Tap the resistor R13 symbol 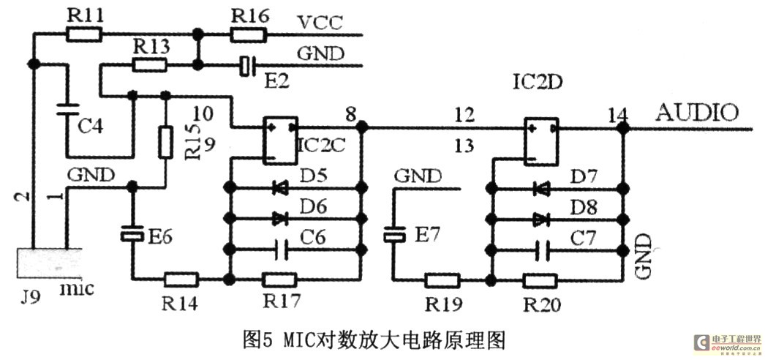point(150,65)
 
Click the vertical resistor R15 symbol point(165,139)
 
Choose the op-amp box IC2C point(280,139)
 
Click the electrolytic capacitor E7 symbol point(394,235)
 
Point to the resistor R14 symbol point(181,279)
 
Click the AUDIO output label point(697,112)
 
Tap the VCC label point(320,22)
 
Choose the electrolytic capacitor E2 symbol point(246,66)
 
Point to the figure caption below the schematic point(374,340)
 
